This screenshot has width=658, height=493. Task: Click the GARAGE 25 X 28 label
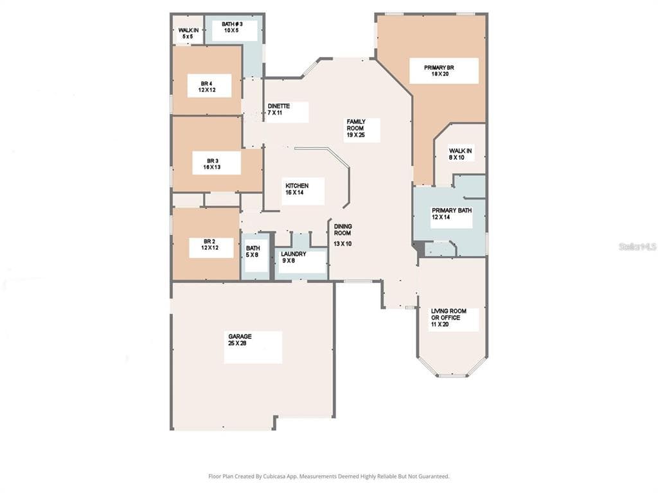click(240, 340)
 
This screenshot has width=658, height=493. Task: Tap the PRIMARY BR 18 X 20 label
click(439, 71)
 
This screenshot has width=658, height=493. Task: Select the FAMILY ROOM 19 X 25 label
click(356, 128)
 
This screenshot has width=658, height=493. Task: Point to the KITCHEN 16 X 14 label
click(297, 189)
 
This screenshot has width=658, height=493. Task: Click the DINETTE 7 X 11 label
click(279, 109)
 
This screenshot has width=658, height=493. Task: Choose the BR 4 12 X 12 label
click(207, 87)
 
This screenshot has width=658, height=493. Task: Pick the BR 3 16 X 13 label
click(212, 164)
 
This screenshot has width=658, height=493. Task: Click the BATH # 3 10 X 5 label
click(232, 27)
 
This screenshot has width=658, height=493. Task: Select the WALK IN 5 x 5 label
click(188, 33)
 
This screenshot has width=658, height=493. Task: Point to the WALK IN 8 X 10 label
click(460, 154)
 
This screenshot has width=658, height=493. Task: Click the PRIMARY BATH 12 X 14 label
click(452, 214)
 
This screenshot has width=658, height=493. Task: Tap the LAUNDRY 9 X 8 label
click(293, 257)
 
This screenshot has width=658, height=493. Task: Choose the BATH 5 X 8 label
click(253, 252)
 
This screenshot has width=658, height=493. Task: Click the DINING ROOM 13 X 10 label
click(343, 235)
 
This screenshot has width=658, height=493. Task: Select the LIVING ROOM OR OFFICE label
click(449, 315)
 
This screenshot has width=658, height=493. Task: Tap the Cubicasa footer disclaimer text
click(329, 476)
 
